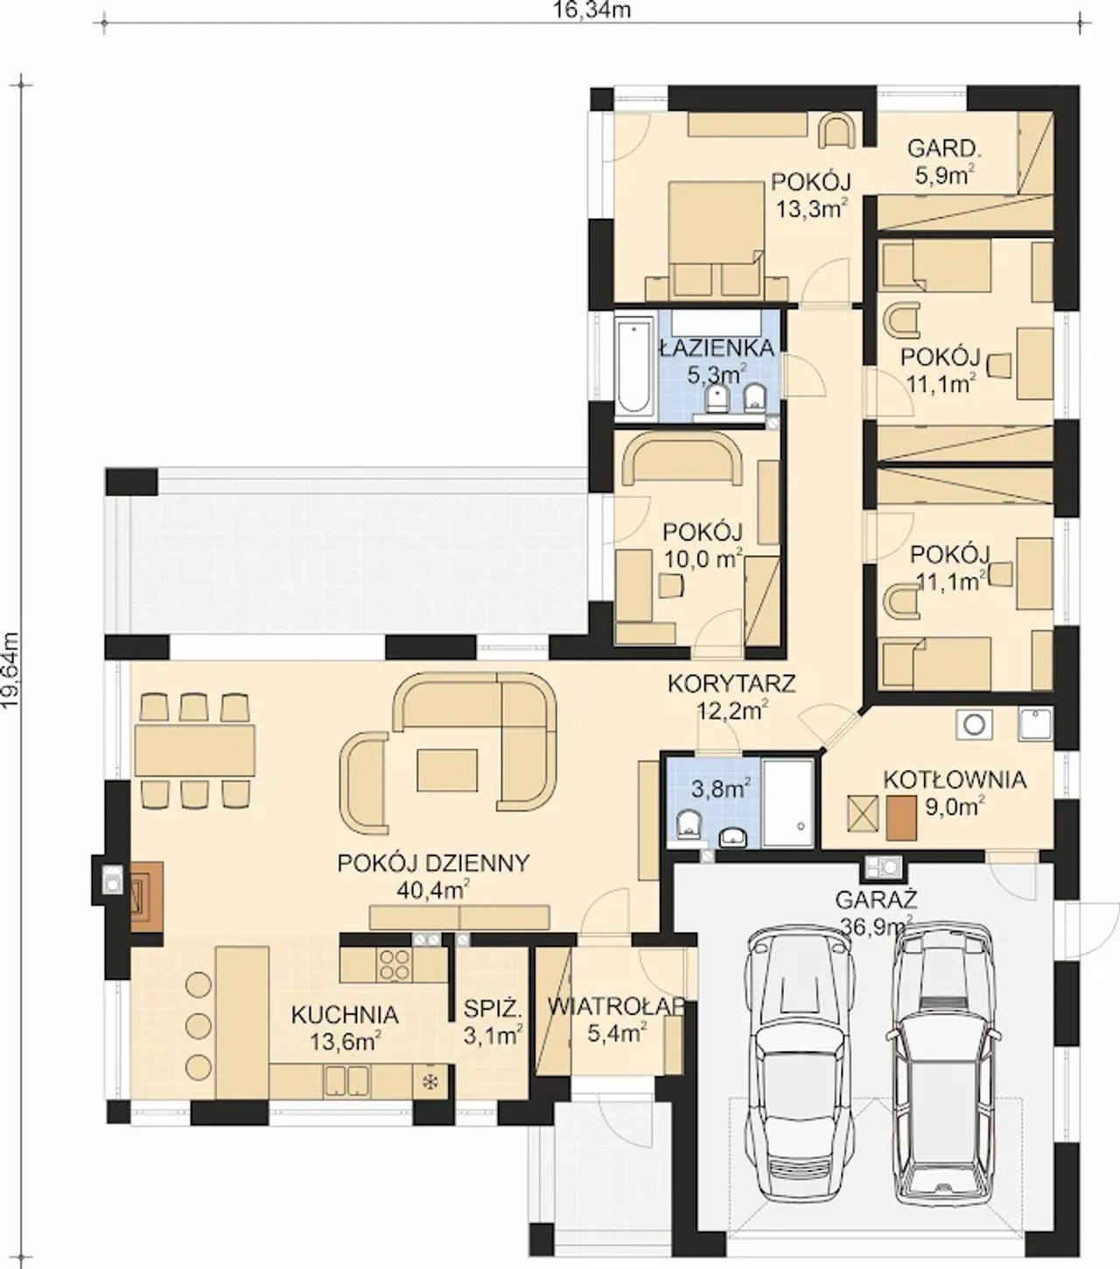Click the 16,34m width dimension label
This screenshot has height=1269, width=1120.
(592, 10)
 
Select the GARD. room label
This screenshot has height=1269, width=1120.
(945, 149)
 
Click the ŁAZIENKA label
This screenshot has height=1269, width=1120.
(717, 347)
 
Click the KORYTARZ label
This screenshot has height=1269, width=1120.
(731, 684)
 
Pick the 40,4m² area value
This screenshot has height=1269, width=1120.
(434, 890)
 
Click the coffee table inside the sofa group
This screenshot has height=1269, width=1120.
(447, 770)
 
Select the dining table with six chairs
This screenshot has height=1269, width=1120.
(195, 750)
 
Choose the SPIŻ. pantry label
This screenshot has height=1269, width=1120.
(493, 1008)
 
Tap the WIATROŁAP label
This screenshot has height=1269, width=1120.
(617, 1006)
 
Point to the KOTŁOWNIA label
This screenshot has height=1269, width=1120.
(955, 780)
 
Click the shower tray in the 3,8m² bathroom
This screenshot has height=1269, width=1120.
(788, 803)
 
